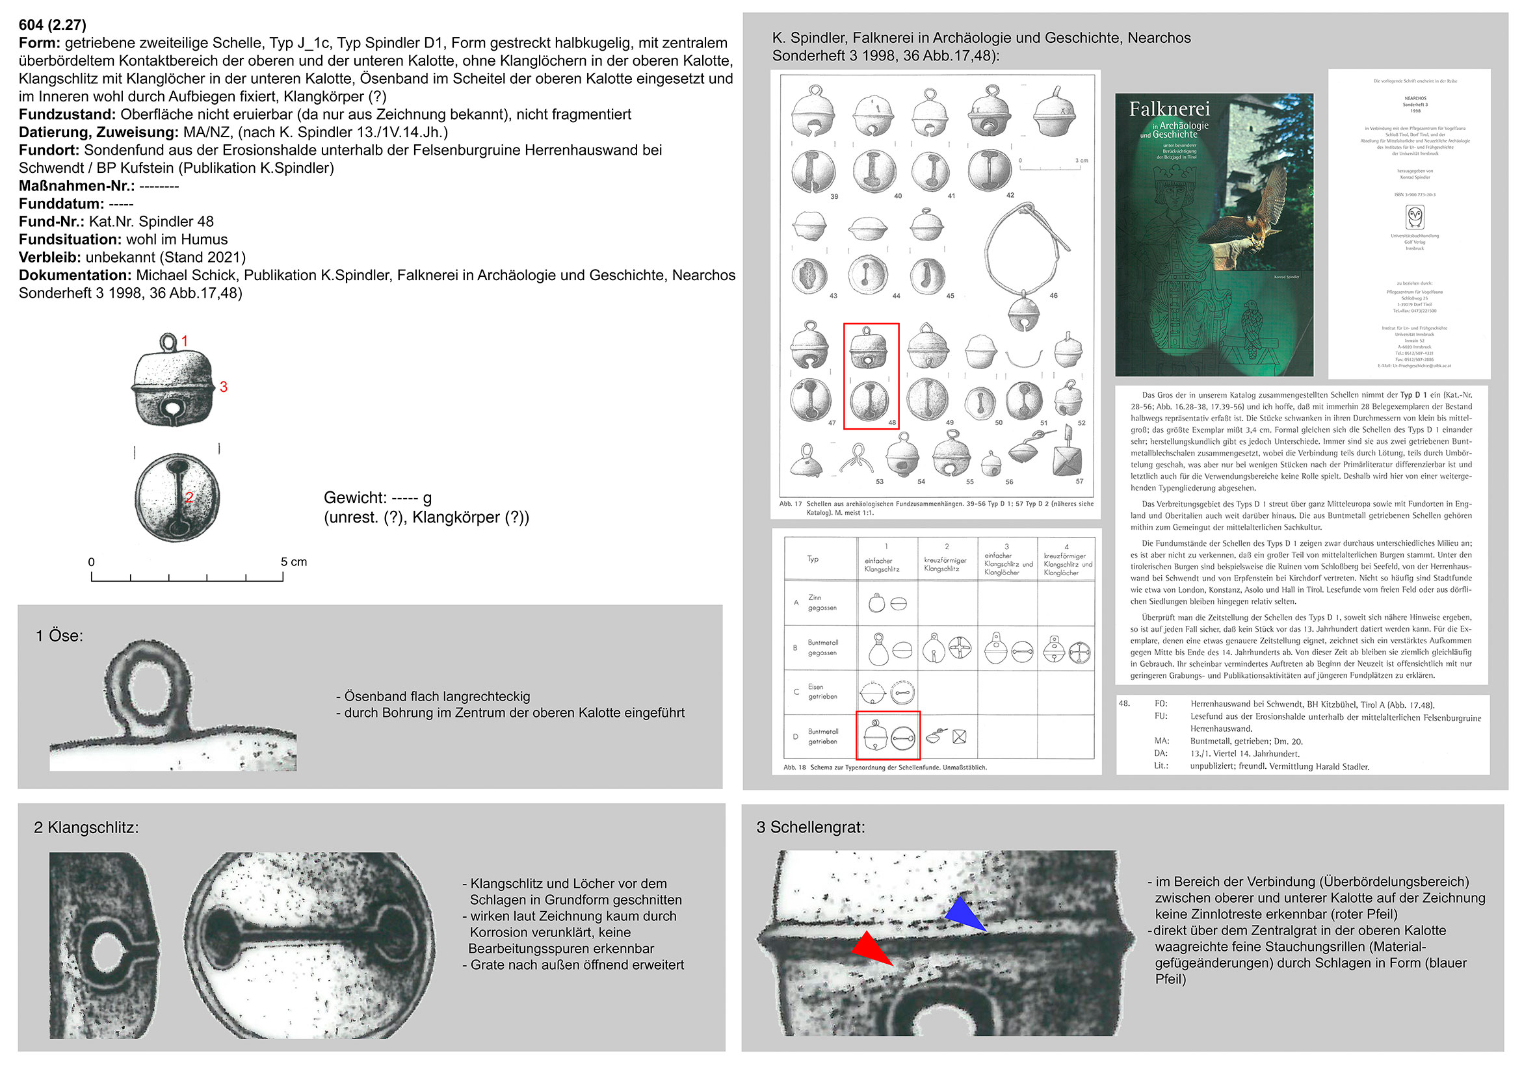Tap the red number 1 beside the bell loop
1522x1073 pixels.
tap(185, 341)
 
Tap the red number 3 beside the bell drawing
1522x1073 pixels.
tap(224, 387)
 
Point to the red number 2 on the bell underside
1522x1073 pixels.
tap(189, 497)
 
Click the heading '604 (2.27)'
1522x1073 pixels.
tap(53, 25)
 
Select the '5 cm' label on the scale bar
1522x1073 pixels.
tap(294, 562)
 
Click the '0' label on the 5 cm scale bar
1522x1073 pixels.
tap(92, 563)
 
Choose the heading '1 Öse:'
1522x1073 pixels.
tap(60, 636)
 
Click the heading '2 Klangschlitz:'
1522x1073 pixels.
tap(86, 828)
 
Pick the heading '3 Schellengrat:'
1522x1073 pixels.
tap(810, 827)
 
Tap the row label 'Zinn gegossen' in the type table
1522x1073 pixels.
tap(822, 602)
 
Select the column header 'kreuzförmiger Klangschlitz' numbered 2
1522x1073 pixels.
tap(946, 560)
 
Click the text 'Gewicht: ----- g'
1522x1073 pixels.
tap(378, 498)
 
